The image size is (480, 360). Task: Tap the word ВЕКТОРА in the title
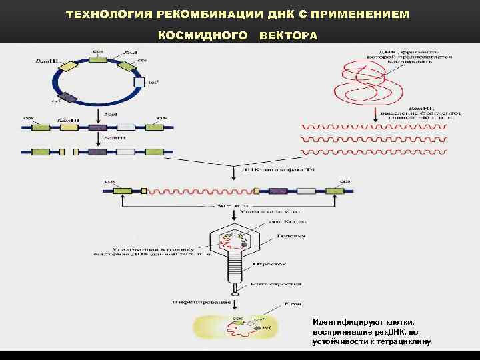coord(289,35)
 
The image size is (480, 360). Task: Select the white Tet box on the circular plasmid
coord(139,82)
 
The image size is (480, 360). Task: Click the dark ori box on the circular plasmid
coord(69,99)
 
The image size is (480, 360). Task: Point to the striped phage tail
coord(235,273)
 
